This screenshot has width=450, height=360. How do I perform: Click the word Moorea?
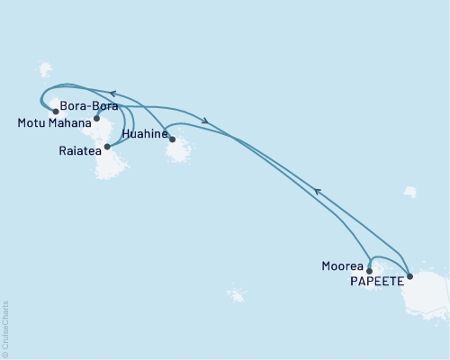click(343, 266)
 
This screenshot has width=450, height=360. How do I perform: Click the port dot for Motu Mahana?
click(56, 112)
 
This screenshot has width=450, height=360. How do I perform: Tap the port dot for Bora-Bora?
click(96, 118)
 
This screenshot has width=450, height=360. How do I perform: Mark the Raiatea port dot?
click(107, 145)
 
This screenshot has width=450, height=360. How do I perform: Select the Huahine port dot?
click(171, 139)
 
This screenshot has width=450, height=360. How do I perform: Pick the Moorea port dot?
click(369, 270)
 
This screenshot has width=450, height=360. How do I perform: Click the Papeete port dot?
click(409, 276)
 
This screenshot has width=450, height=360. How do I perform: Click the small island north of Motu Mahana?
click(45, 69)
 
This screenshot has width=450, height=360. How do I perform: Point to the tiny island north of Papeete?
click(409, 192)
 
